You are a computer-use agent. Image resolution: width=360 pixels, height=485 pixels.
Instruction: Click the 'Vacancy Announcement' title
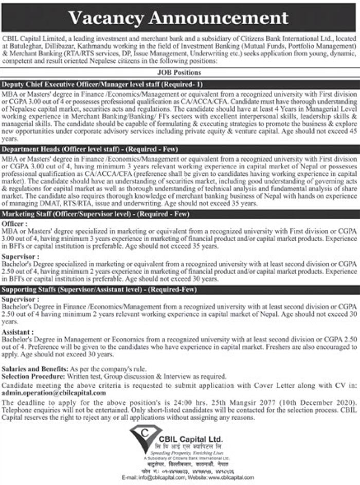[x=178, y=18]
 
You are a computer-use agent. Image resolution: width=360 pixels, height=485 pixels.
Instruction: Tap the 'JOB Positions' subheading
[x=179, y=73]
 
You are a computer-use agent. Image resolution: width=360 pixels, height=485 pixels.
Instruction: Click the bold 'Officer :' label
[x=14, y=224]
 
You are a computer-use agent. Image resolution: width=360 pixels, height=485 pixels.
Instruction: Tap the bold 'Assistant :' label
[x=18, y=332]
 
